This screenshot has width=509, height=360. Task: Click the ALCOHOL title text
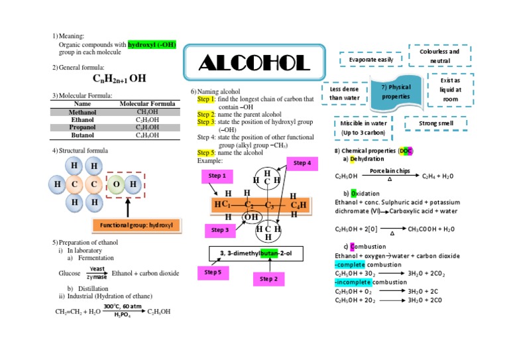click(x=254, y=64)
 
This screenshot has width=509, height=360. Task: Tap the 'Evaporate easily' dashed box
click(x=367, y=60)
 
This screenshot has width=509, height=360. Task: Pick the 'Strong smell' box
click(x=435, y=123)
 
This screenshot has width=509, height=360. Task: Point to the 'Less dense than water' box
click(x=344, y=93)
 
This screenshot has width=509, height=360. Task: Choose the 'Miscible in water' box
click(x=364, y=127)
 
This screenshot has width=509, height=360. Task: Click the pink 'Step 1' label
click(x=217, y=176)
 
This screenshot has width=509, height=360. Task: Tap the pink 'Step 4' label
click(x=302, y=163)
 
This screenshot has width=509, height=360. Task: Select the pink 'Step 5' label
click(x=213, y=272)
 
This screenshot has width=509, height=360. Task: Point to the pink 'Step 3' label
click(x=220, y=230)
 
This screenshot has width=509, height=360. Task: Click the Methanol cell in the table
click(x=82, y=112)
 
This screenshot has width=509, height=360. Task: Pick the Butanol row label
click(x=82, y=135)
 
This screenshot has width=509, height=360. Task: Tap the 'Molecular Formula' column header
click(x=147, y=104)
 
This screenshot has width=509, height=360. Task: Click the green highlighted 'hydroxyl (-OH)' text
click(x=152, y=44)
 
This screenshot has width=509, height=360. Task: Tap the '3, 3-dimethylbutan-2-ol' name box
click(x=255, y=253)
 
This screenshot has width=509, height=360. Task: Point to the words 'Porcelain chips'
click(x=390, y=171)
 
